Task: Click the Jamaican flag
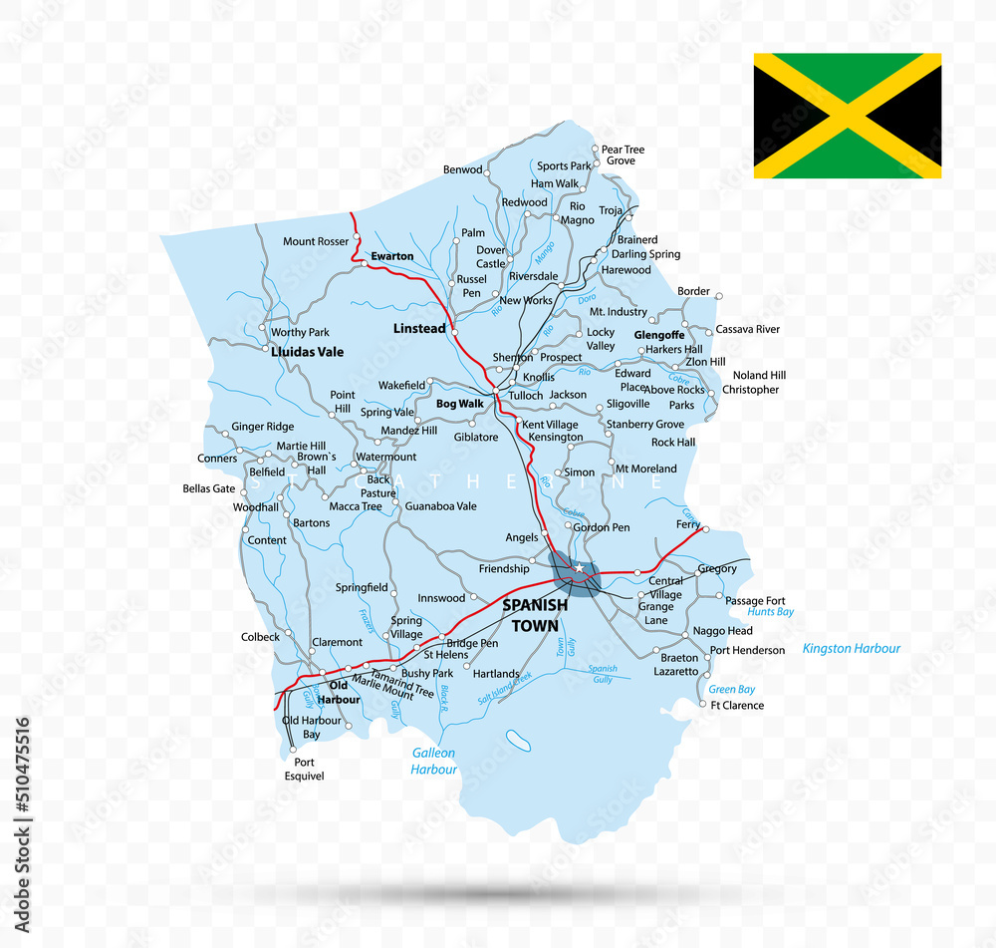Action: click(x=847, y=116)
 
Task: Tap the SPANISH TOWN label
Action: click(x=536, y=615)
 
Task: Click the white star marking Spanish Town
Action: click(x=578, y=569)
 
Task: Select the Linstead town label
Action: click(x=419, y=328)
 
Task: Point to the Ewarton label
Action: click(x=391, y=256)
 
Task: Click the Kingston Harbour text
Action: click(x=851, y=649)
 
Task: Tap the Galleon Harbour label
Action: click(x=434, y=762)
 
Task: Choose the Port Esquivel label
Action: click(x=304, y=768)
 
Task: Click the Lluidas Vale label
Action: click(x=307, y=352)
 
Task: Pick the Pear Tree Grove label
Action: click(x=622, y=156)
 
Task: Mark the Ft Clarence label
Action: click(x=737, y=706)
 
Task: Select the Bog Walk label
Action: click(x=460, y=404)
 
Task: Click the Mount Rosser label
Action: click(x=316, y=241)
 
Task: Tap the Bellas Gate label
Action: click(x=209, y=489)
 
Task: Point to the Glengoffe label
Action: click(x=659, y=335)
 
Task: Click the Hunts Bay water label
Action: click(x=770, y=612)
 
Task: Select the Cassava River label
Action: click(x=748, y=329)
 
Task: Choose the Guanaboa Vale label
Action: click(x=440, y=506)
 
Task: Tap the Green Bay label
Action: click(x=731, y=689)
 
